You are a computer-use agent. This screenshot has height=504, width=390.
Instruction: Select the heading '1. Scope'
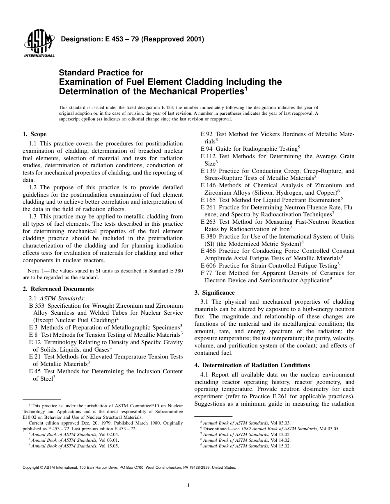coord(34,134)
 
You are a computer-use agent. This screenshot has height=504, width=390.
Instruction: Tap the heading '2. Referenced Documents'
coord(58,289)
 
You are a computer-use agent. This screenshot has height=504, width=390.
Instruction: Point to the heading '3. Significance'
coord(214,293)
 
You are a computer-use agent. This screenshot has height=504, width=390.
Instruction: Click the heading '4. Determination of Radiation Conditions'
coord(252,365)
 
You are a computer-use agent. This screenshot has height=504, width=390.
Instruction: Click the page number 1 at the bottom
coord(188,486)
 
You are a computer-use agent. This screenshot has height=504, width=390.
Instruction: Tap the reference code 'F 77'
coord(206,273)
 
